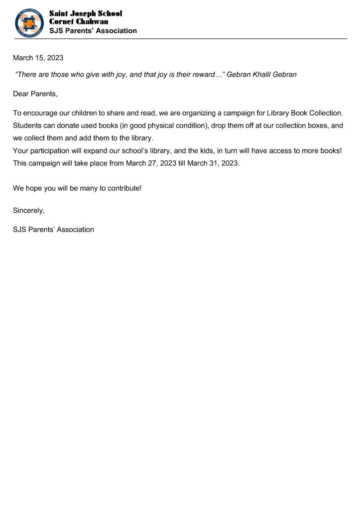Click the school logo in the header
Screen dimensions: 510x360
pyautogui.click(x=30, y=22)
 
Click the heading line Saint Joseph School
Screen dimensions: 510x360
pyautogui.click(x=85, y=13)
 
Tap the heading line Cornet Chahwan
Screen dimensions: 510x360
pyautogui.click(x=79, y=22)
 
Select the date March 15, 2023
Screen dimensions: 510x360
pyautogui.click(x=38, y=58)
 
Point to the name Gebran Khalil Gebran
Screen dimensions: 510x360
pyautogui.click(x=261, y=75)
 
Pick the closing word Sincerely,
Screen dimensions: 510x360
pyautogui.click(x=29, y=211)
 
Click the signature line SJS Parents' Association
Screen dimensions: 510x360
pyautogui.click(x=53, y=230)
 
